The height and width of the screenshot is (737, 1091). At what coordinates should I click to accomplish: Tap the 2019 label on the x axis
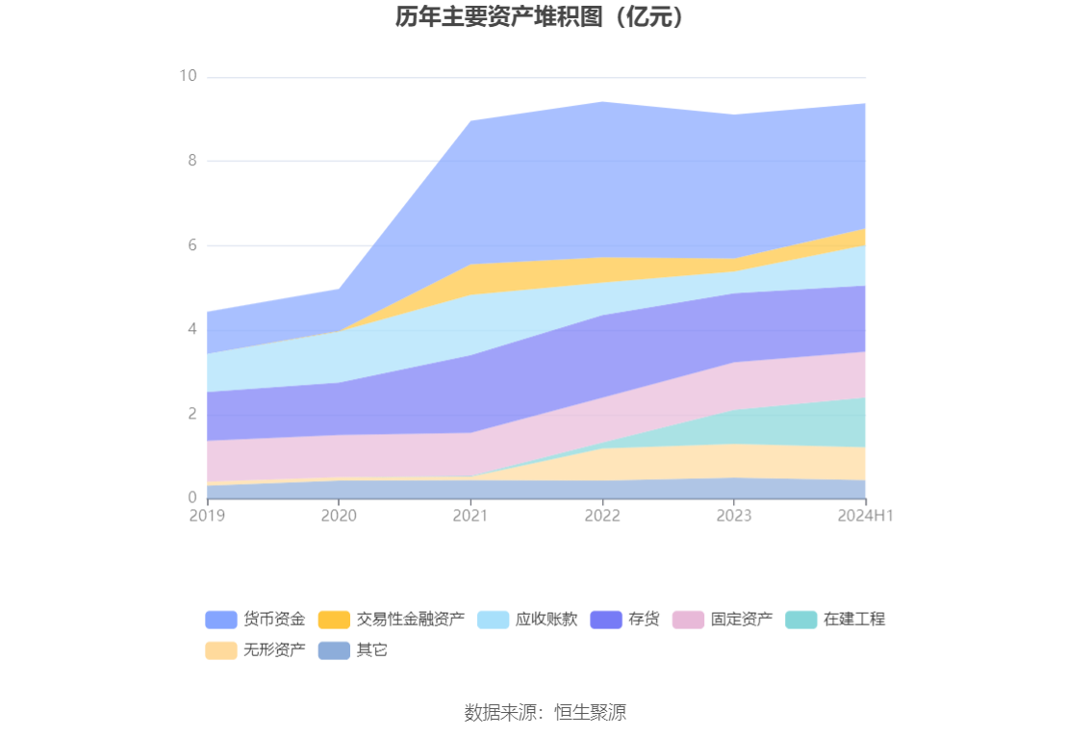pyautogui.click(x=207, y=516)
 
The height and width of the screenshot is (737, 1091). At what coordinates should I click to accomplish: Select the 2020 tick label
pyautogui.click(x=339, y=516)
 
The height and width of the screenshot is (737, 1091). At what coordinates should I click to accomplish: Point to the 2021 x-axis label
pyautogui.click(x=470, y=516)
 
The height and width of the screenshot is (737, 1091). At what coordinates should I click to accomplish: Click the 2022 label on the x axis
pyautogui.click(x=602, y=516)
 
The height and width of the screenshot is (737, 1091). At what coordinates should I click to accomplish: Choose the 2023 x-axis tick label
pyautogui.click(x=734, y=516)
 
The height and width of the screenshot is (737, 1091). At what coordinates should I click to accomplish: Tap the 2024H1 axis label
pyautogui.click(x=866, y=516)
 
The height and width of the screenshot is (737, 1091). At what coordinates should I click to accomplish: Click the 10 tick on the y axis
pyautogui.click(x=188, y=77)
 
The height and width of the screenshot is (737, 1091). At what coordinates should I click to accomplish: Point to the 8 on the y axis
pyautogui.click(x=192, y=161)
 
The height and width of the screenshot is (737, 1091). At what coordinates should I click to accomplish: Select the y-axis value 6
pyautogui.click(x=192, y=245)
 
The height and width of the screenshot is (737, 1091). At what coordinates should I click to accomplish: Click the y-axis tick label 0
pyautogui.click(x=192, y=498)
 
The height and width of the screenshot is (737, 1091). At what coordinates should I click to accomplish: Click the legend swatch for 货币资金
pyautogui.click(x=220, y=620)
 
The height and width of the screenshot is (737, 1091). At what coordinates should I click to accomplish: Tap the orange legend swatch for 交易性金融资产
pyautogui.click(x=334, y=620)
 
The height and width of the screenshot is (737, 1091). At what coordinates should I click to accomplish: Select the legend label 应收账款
pyautogui.click(x=546, y=620)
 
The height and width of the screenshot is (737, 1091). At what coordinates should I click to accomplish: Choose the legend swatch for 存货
pyautogui.click(x=606, y=620)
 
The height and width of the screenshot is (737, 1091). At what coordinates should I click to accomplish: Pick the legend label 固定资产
pyautogui.click(x=742, y=620)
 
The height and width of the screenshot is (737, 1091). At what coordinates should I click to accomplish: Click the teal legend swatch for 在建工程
pyautogui.click(x=800, y=620)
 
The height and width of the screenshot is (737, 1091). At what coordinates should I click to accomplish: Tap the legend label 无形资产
pyautogui.click(x=274, y=650)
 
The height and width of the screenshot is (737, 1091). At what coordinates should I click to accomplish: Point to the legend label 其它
pyautogui.click(x=372, y=650)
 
